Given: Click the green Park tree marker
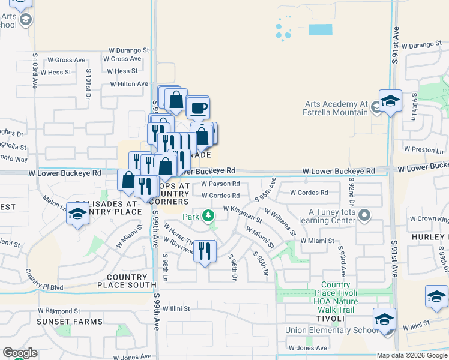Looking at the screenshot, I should pos(208,215).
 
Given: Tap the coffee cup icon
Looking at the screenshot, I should pos(198,108).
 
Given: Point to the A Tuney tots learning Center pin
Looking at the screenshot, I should pos(364,215).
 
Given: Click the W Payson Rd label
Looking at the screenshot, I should pos(220,184).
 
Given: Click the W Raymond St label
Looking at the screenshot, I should pos(59,311).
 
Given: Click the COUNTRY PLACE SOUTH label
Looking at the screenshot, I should pos(127,281).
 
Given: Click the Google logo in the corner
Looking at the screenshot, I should pos(19,353).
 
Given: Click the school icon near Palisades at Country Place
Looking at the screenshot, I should pos(77,215).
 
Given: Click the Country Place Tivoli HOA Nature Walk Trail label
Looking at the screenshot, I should pos(339,297).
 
